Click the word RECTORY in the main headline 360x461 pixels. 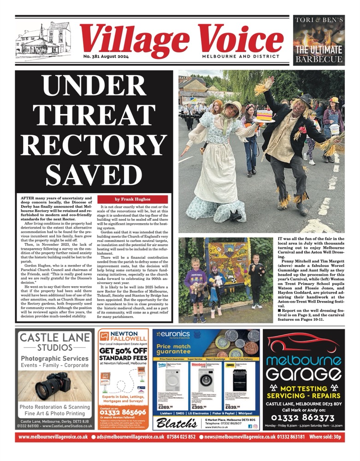click(94, 143)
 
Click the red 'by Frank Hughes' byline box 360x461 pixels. click(132, 199)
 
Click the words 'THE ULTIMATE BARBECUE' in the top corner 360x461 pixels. click(319, 53)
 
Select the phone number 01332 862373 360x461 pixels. click(303, 418)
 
